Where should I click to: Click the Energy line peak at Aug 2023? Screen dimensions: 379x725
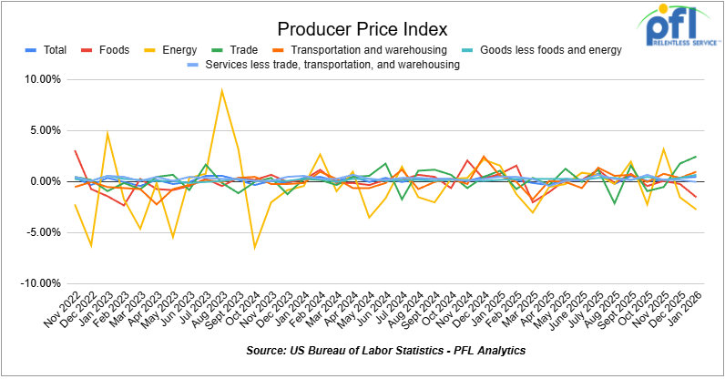click(x=221, y=90)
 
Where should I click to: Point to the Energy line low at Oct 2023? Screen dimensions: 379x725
click(x=254, y=247)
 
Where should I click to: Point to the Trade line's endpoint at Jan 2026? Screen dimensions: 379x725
click(x=697, y=157)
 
